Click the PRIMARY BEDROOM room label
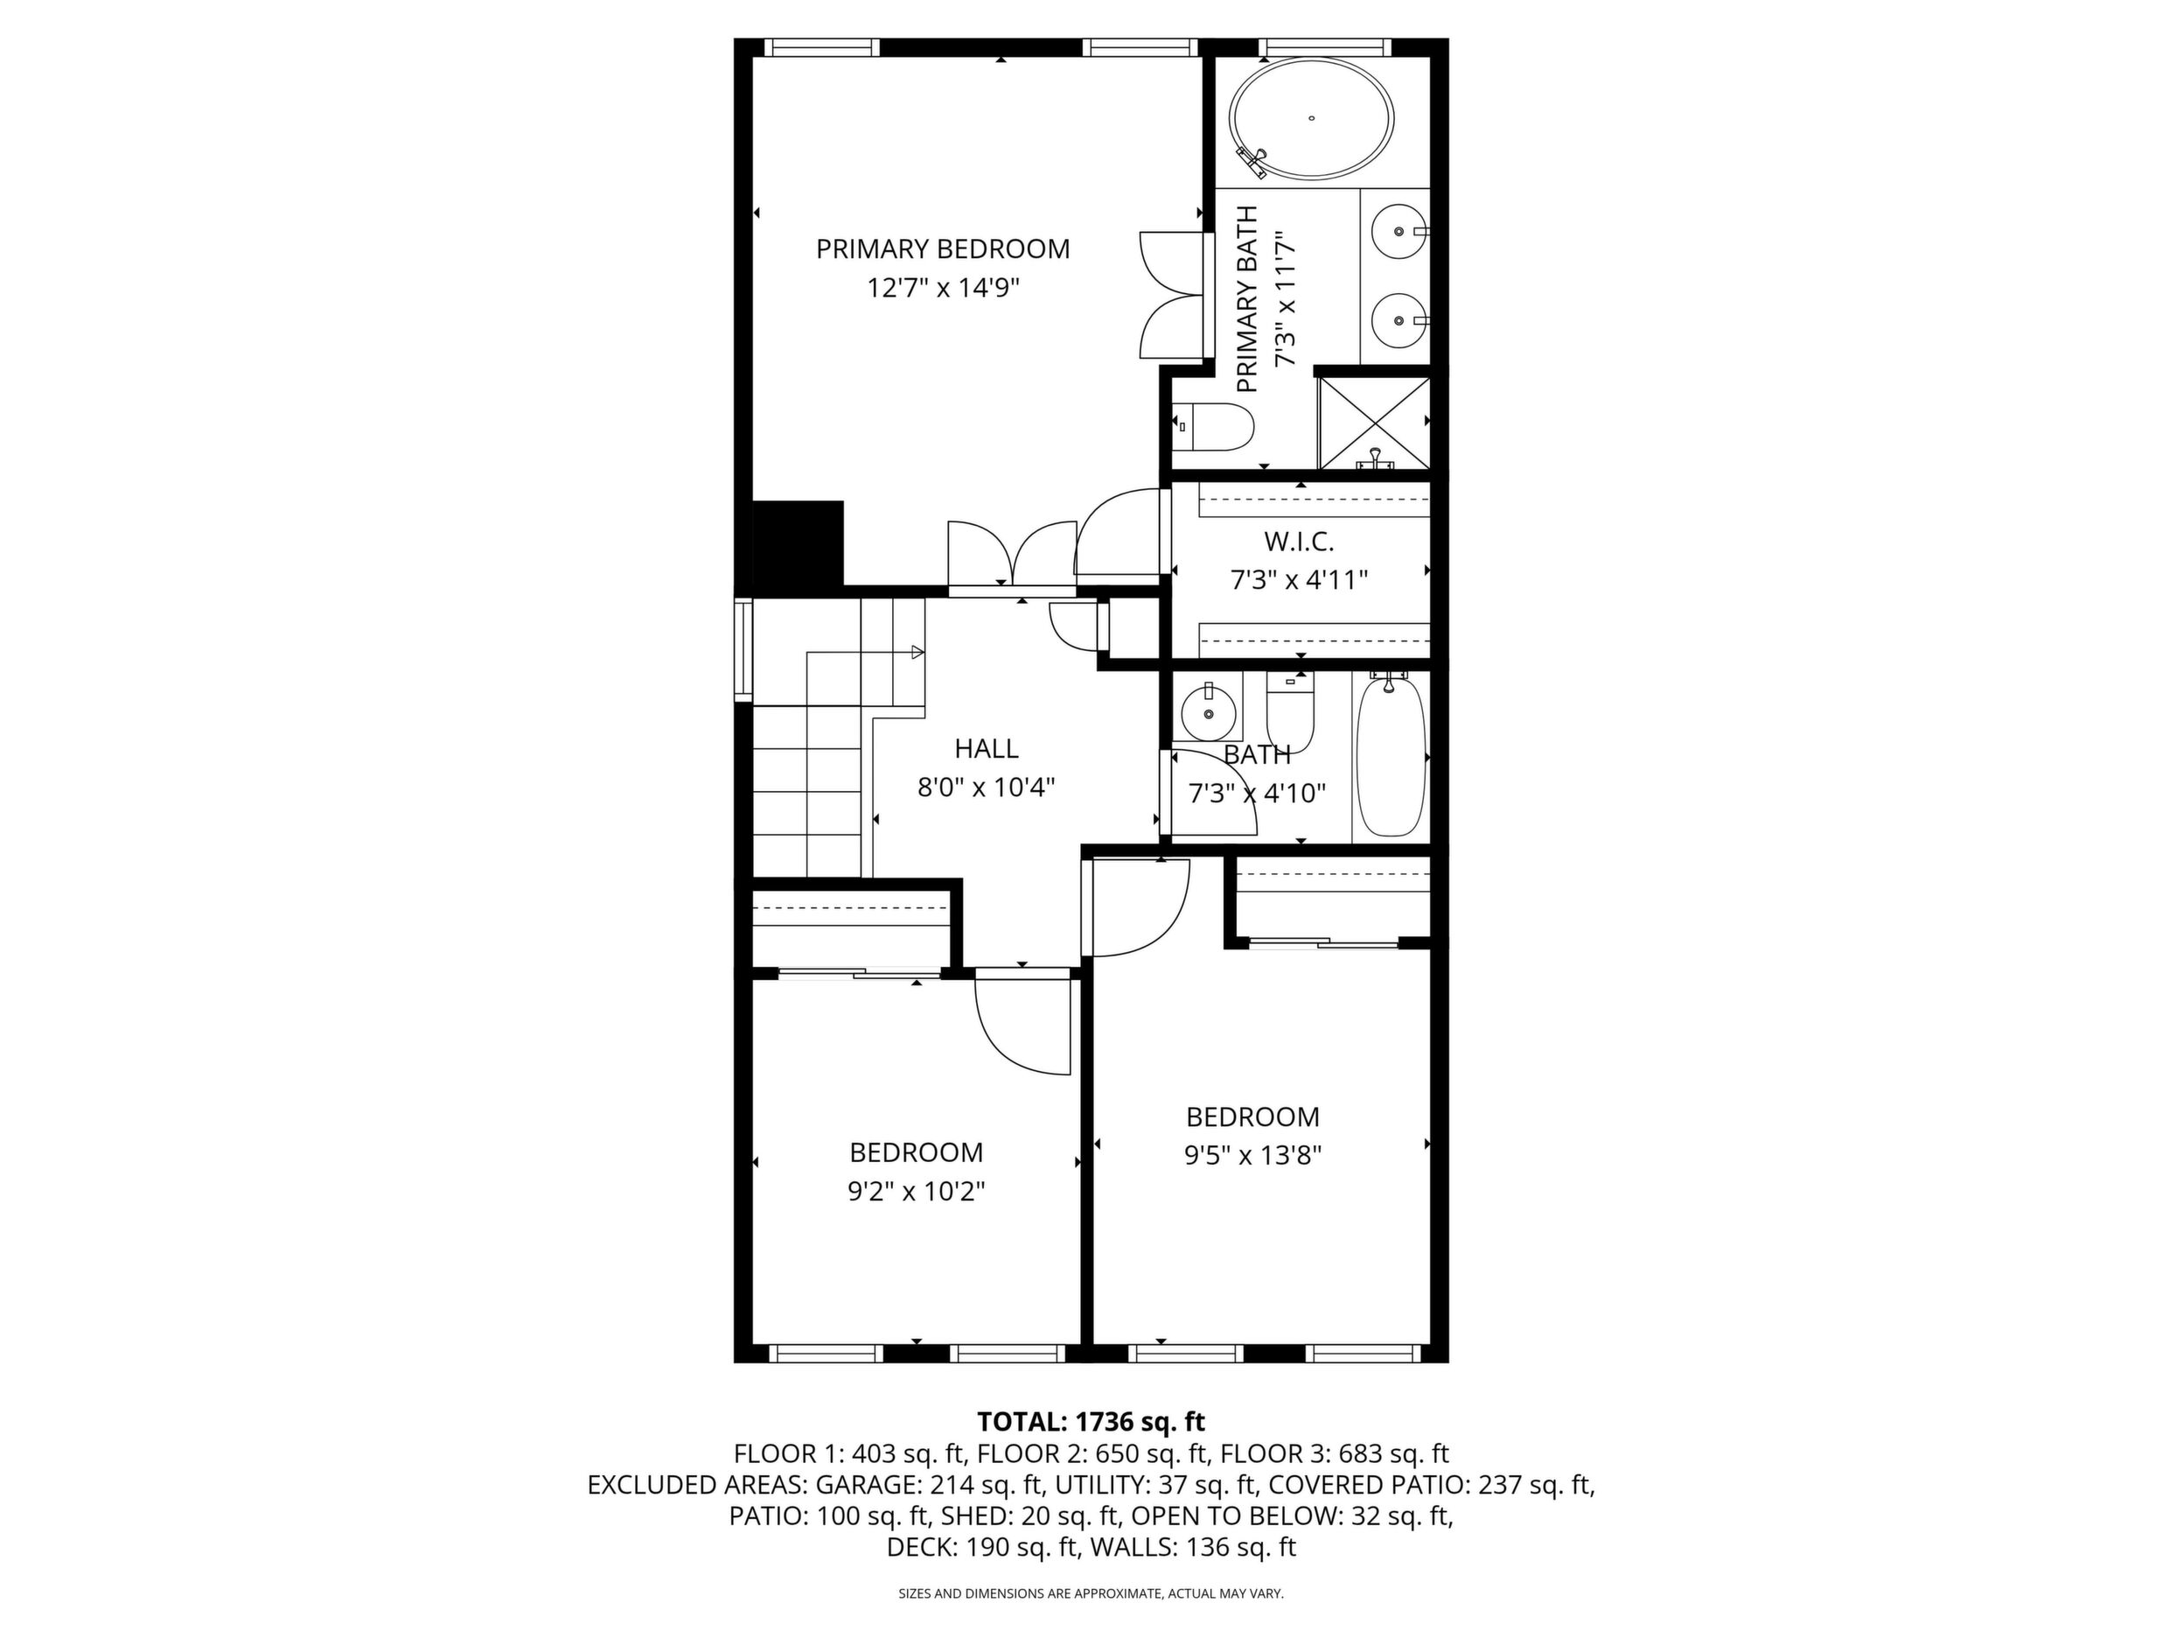pyautogui.click(x=943, y=248)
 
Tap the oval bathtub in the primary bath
pyautogui.click(x=1311, y=120)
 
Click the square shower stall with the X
pyautogui.click(x=1374, y=422)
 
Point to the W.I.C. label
pyautogui.click(x=1299, y=541)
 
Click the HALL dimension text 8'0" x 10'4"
pyautogui.click(x=986, y=787)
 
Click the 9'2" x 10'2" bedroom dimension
pyautogui.click(x=916, y=1192)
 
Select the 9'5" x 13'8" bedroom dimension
pyautogui.click(x=1252, y=1155)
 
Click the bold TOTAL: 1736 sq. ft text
pyautogui.click(x=1091, y=1422)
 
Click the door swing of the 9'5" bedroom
pyautogui.click(x=1165, y=926)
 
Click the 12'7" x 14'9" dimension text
pyautogui.click(x=943, y=288)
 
